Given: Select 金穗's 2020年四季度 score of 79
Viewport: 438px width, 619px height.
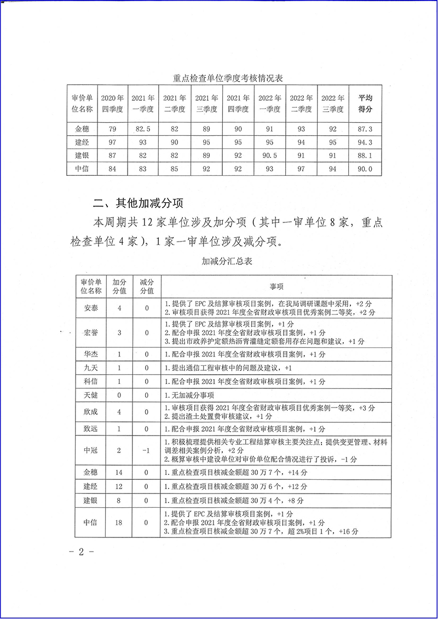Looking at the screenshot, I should pyautogui.click(x=113, y=129).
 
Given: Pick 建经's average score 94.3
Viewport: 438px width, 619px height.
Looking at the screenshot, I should pyautogui.click(x=365, y=142).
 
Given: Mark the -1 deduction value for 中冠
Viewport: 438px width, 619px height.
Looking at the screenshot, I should pyautogui.click(x=146, y=450).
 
